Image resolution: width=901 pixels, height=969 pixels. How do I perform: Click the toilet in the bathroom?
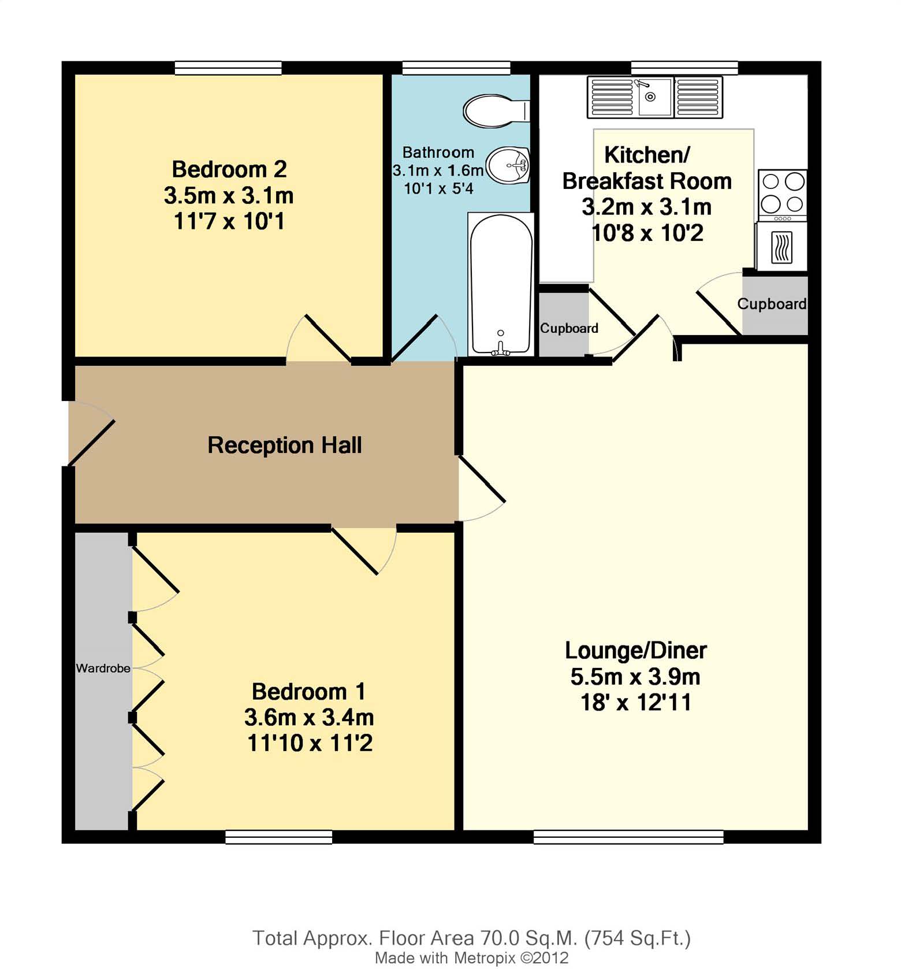point(496,111)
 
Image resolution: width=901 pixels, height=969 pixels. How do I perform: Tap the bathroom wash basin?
point(508,165)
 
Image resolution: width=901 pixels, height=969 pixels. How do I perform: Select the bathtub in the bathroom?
point(501,284)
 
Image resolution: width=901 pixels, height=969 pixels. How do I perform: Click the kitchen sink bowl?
point(656,97)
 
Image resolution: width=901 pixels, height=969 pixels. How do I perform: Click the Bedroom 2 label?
point(229,169)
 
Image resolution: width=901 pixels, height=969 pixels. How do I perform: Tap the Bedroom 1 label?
point(309,692)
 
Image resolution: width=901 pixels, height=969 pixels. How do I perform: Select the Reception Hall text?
point(285,445)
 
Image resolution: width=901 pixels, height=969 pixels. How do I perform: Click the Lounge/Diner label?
point(636,651)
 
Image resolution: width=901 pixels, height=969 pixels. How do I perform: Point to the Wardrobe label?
point(103,668)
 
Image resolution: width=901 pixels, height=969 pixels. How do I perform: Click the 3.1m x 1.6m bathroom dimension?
point(438,170)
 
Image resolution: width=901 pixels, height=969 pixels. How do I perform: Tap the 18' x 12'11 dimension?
point(636,703)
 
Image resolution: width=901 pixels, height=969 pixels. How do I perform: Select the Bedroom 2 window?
point(228,68)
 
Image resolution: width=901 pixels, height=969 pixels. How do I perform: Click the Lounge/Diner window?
point(628,837)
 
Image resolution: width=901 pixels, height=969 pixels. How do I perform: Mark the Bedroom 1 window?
point(279,837)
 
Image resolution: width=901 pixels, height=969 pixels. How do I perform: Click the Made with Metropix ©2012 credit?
point(472,958)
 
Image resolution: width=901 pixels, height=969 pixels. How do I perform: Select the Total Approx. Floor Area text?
point(471,938)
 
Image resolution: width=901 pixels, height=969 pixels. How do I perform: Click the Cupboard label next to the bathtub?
point(569,328)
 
